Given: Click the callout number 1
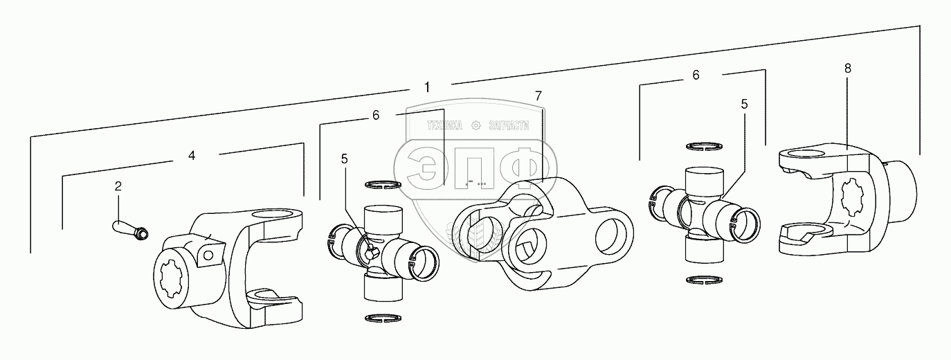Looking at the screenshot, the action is click(427, 87).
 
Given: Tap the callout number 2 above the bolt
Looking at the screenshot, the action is click(118, 186).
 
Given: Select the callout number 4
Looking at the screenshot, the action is click(192, 156).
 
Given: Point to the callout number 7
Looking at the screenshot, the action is click(538, 94).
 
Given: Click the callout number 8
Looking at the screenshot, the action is click(848, 68).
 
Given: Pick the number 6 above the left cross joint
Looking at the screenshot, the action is click(376, 116).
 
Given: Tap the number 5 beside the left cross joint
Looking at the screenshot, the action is click(344, 159).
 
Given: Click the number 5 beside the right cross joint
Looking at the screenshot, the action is click(744, 105).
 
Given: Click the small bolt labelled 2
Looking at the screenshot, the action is click(129, 228).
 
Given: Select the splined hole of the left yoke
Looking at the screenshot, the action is click(170, 283).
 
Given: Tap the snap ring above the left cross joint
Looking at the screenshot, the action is click(383, 185).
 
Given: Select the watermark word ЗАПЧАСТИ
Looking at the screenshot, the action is click(508, 125).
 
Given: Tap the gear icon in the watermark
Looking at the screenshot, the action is click(475, 125).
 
